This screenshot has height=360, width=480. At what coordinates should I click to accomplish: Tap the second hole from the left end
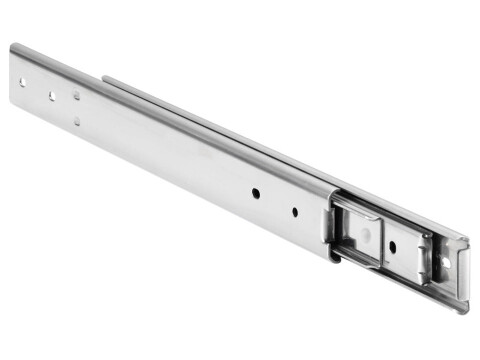point(51,96)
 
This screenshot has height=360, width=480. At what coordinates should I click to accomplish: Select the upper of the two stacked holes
point(76,96)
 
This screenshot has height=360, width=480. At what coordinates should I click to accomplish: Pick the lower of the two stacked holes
point(76,121)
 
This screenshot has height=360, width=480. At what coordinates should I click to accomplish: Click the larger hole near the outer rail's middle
point(256,191)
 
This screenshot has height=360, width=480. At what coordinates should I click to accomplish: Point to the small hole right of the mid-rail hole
point(295,211)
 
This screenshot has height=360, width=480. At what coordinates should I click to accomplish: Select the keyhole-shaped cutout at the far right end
point(446,262)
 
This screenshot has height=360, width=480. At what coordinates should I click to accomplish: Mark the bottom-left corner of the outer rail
point(14,106)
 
